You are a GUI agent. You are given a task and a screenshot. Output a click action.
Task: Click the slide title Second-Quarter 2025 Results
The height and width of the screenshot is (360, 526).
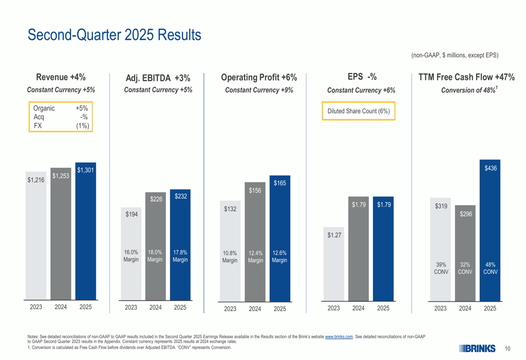pos(114,35)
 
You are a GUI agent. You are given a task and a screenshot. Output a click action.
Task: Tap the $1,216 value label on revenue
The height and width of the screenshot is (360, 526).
pos(36,180)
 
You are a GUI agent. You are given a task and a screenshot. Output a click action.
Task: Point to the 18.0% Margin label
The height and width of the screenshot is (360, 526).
pos(155,256)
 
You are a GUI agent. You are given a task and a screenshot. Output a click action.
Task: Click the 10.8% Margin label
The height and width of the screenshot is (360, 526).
pos(230,256)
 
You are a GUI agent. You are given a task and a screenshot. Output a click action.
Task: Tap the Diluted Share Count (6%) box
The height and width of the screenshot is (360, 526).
pos(358,111)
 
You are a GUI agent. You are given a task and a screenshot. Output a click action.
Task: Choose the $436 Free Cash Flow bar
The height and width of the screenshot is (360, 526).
pos(490,231)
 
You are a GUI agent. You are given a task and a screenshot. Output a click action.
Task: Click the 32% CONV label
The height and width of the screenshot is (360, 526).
pos(465,268)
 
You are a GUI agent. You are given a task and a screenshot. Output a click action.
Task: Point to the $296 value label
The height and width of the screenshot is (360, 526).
pos(466,214)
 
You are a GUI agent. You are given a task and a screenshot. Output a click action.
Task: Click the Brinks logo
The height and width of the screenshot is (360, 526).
pos(477,348)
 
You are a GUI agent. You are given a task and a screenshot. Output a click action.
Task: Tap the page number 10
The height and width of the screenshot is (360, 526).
pos(508,349)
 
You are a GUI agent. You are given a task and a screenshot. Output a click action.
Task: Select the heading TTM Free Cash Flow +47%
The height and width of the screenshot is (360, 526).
pos(466,78)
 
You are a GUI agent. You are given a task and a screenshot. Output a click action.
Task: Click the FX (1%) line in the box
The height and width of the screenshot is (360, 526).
pos(60,126)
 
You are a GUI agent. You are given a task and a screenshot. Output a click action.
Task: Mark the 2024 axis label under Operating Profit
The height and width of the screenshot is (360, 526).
pos(255,309)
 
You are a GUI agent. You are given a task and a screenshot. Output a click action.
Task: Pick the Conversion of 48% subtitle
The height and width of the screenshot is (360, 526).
pos(469,90)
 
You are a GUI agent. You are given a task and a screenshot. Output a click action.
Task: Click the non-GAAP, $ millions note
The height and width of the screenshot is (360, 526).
pos(454,55)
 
